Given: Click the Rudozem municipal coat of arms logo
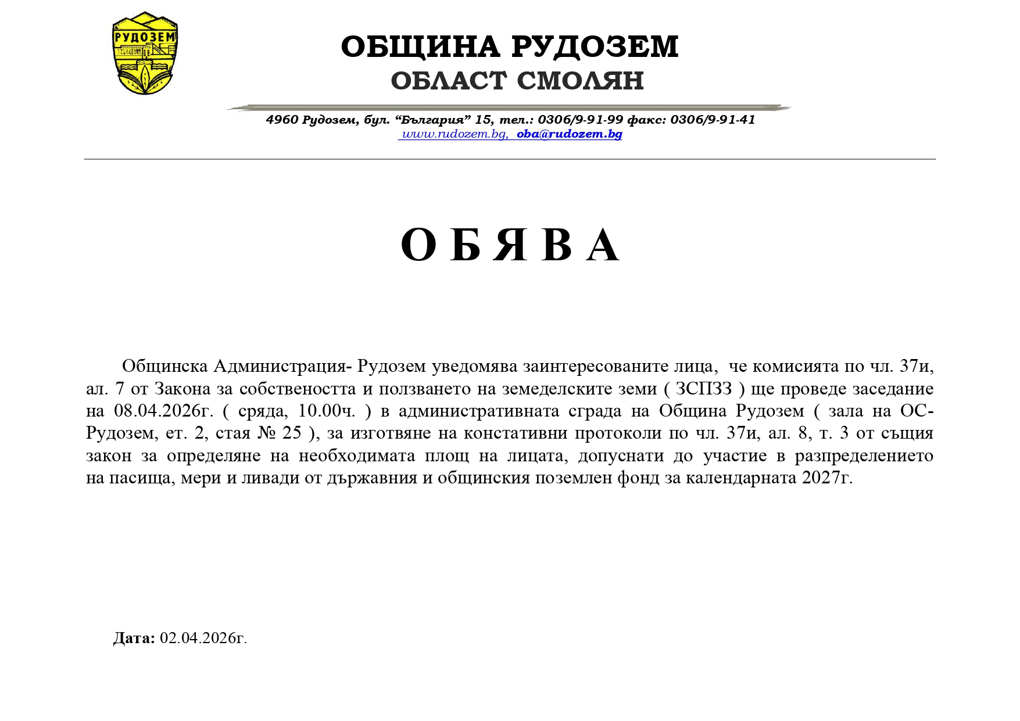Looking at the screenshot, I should click(x=145, y=53).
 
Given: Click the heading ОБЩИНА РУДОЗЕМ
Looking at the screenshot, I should click(x=510, y=46).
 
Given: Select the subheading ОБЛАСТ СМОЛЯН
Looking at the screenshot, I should click(x=517, y=81).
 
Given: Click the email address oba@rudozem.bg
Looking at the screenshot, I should click(x=570, y=134).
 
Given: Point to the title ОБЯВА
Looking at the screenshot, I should click(x=510, y=245).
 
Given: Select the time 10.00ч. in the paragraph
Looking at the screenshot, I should click(x=327, y=411).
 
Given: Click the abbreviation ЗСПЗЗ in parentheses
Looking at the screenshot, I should click(x=703, y=389).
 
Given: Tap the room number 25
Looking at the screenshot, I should click(x=292, y=433).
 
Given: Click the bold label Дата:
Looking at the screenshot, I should click(x=134, y=638).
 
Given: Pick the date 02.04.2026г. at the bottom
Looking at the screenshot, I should click(x=203, y=638).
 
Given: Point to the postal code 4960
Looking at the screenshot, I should click(x=282, y=120).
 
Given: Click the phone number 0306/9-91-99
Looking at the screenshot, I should click(x=580, y=120).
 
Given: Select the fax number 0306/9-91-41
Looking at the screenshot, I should click(x=713, y=120).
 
